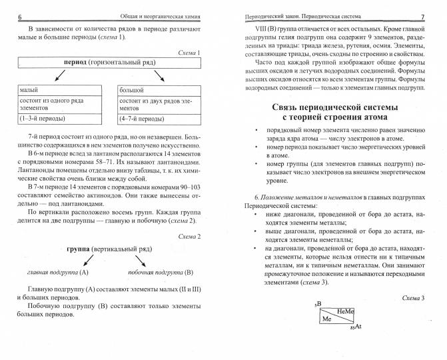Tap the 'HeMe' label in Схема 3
345,311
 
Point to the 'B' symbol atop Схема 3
318,304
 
